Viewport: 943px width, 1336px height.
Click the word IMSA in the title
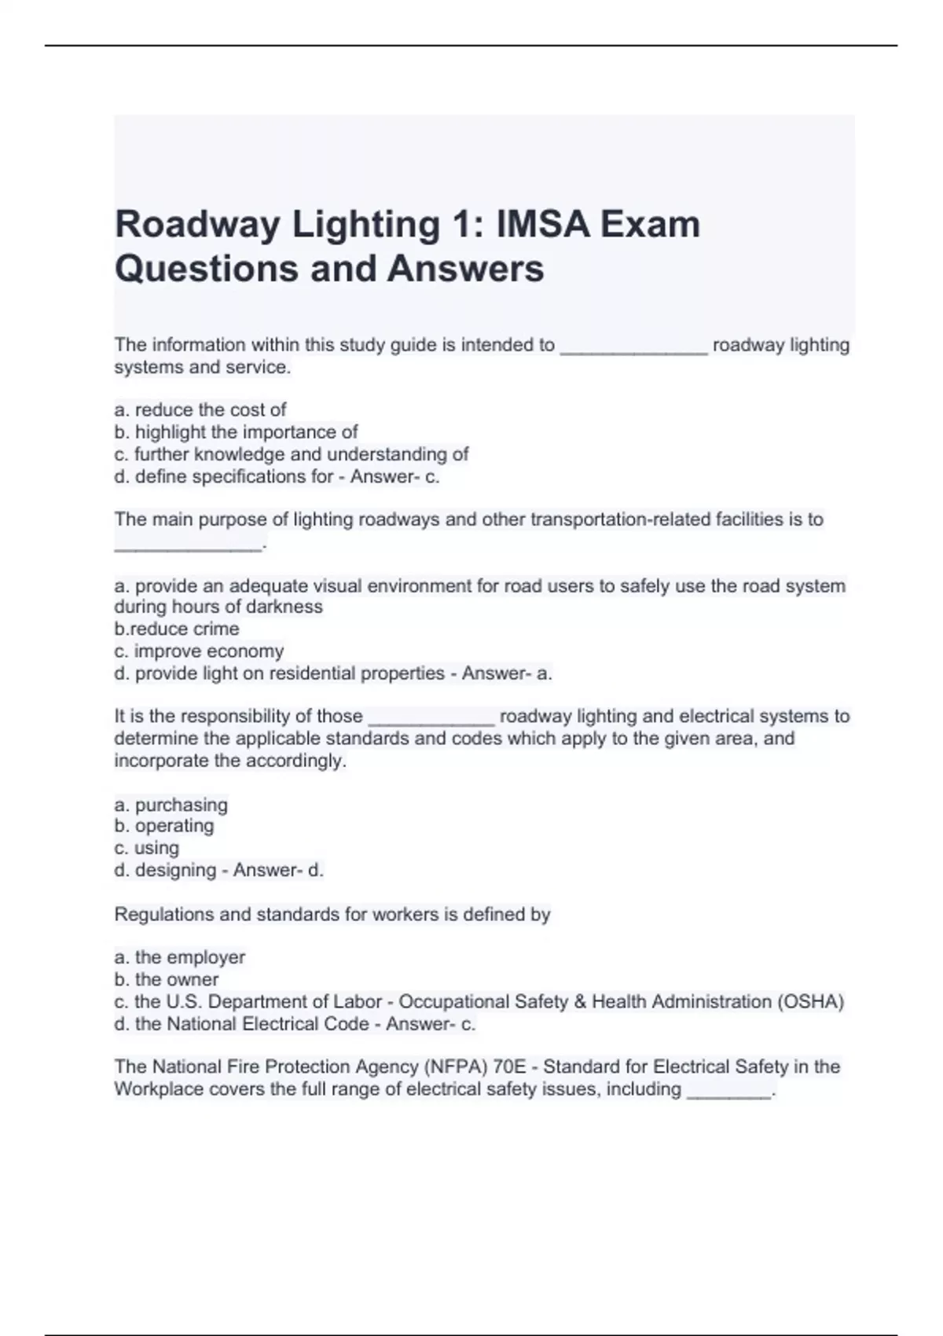coord(541,225)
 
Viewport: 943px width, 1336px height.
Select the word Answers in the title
coord(465,269)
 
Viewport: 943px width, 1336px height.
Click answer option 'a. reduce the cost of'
coord(200,409)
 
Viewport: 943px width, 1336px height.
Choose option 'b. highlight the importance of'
coord(236,431)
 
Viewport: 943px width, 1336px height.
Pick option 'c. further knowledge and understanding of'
coord(292,454)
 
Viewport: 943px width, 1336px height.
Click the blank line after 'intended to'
coord(633,347)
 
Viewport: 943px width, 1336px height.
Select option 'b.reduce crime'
coord(177,629)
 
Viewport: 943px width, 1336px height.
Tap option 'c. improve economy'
coord(199,651)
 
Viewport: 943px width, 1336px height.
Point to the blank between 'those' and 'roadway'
coord(431,718)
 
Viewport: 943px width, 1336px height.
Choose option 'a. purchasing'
coord(171,805)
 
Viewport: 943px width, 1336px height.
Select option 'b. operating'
coord(163,826)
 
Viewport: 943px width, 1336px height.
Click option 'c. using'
coord(146,848)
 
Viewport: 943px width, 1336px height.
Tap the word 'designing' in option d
coord(175,870)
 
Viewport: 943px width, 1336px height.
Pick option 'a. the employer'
coord(179,957)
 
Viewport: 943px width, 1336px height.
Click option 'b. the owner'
coord(166,979)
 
